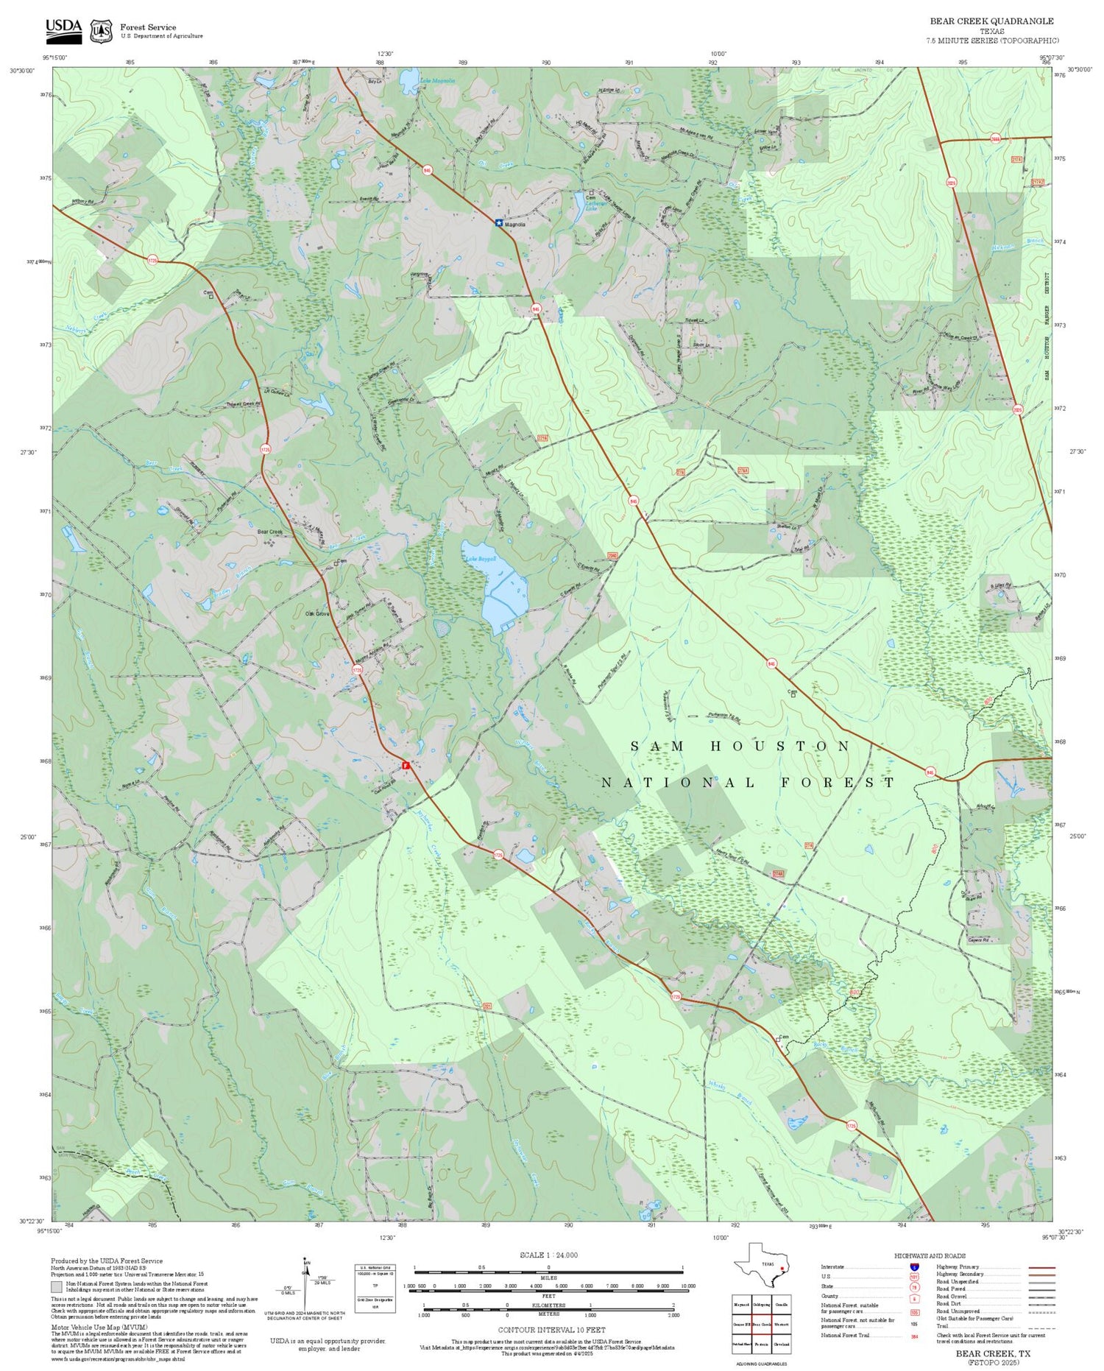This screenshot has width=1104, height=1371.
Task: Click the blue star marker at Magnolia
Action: [x=499, y=222]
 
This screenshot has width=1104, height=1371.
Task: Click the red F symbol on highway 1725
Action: [x=406, y=766]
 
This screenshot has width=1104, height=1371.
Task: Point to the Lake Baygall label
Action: [x=481, y=560]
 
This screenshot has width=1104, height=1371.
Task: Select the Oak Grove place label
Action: [x=317, y=613]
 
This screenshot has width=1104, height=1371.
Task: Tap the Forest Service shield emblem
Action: [x=101, y=31]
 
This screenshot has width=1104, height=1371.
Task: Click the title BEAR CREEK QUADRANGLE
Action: [x=991, y=21]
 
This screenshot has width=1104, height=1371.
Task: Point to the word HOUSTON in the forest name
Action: [x=780, y=746]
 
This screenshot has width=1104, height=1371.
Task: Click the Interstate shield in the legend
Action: [x=914, y=1267]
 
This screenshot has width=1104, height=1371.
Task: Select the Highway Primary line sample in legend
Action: [x=1038, y=1268]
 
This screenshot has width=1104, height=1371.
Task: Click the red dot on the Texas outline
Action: [x=781, y=1269]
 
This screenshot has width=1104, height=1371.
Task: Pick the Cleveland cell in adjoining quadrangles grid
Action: [x=782, y=1344]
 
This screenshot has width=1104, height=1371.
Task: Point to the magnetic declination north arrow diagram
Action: [x=305, y=1281]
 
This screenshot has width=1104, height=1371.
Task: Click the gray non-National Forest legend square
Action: [x=57, y=1287]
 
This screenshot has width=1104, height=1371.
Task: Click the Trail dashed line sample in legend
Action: [x=1038, y=1326]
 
